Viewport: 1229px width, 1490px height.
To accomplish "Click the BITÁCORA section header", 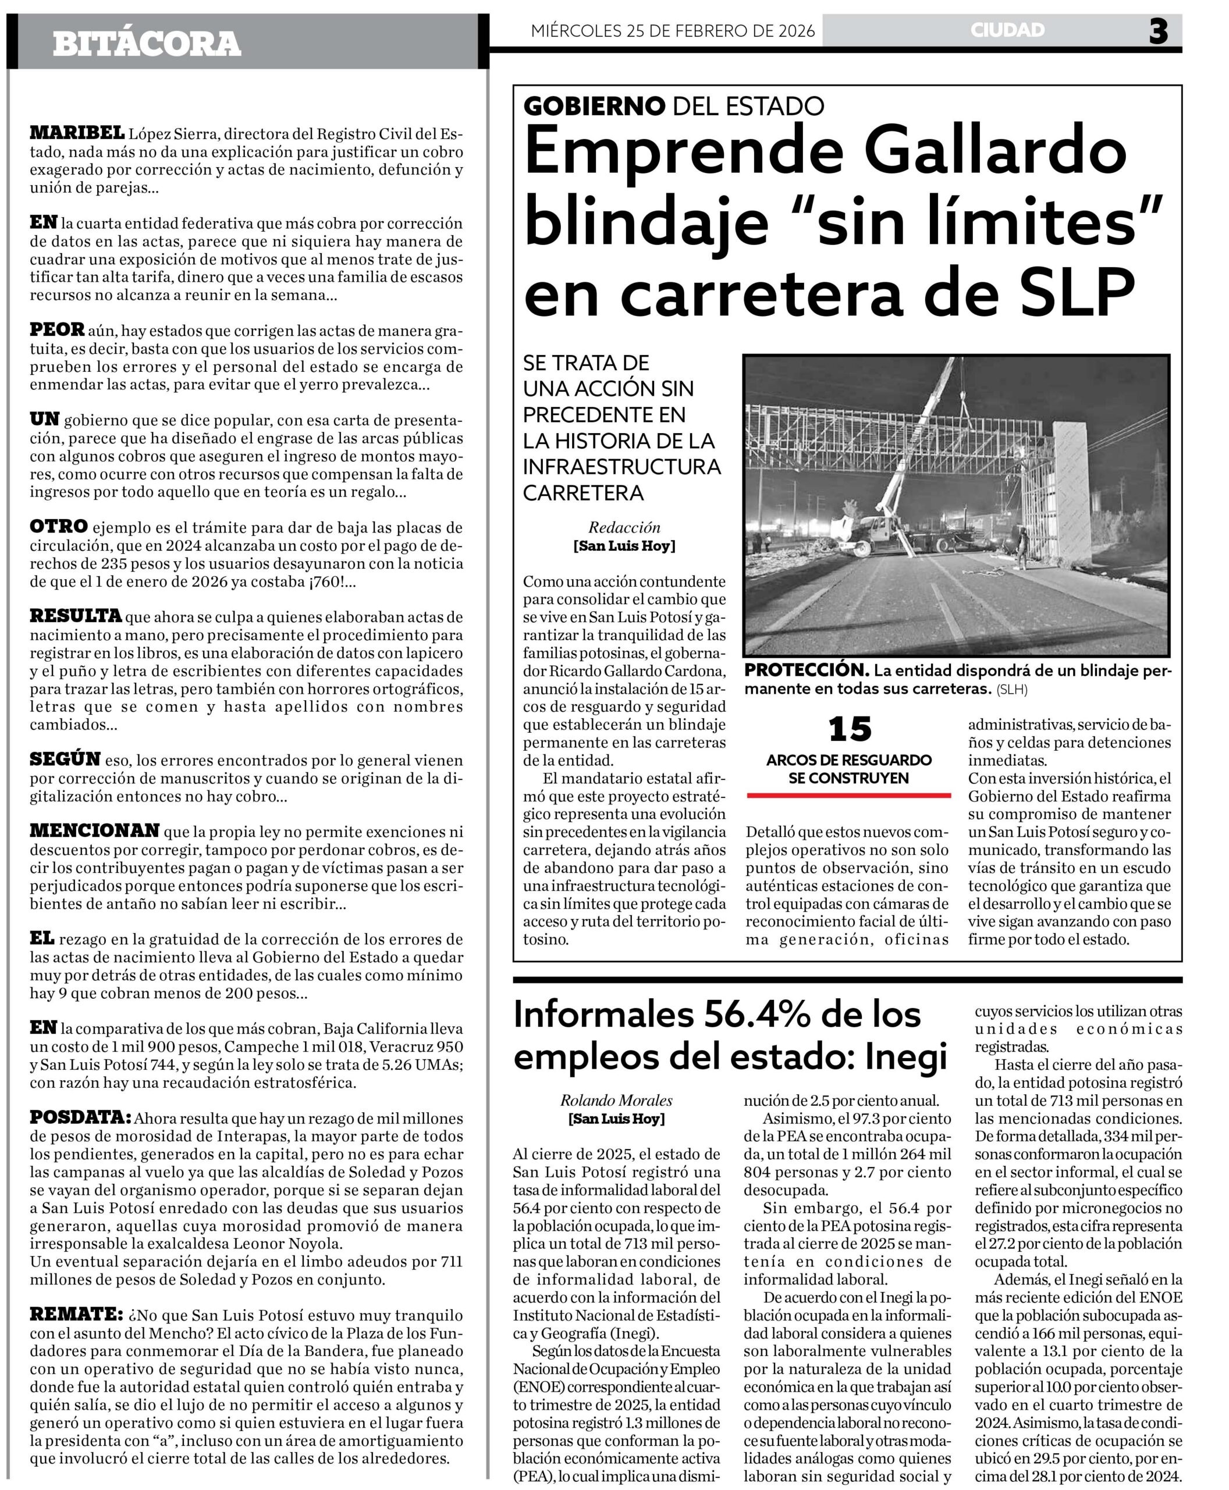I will point(147,44).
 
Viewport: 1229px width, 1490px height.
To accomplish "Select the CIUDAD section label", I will point(1007,30).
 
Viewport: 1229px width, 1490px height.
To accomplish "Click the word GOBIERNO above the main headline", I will point(594,107).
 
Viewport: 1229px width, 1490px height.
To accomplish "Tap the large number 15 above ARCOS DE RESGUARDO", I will point(850,729).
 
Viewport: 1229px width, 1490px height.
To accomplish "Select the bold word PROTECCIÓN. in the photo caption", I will point(805,670).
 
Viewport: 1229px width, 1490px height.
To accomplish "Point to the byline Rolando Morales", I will point(616,1100).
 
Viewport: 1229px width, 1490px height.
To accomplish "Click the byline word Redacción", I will point(624,527).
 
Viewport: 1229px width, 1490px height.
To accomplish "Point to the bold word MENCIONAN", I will point(95,830).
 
